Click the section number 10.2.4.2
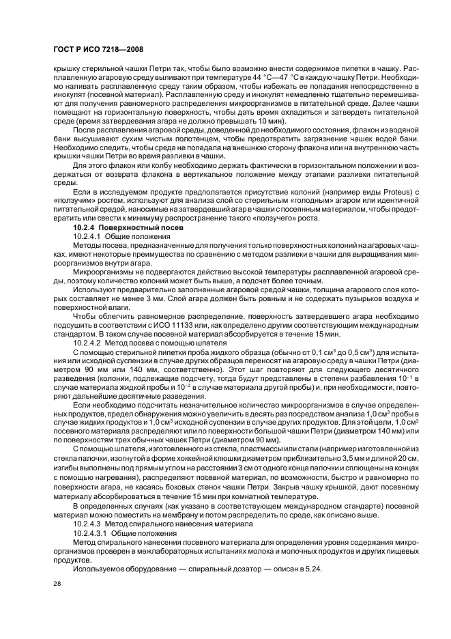pyautogui.click(x=89, y=343)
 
